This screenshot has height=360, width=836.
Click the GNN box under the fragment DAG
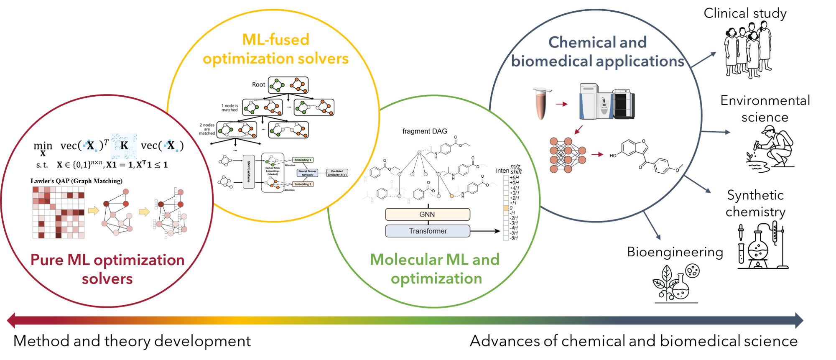tap(427, 214)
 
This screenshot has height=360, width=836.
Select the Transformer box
tap(427, 231)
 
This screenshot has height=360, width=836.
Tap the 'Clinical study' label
tap(745, 13)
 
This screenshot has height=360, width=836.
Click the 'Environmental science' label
tap(765, 109)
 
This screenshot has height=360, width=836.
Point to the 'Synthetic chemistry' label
tap(755, 203)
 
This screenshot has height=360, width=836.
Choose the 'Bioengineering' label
tap(675, 252)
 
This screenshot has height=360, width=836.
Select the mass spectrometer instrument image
tap(607, 102)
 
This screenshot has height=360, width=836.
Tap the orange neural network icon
tap(567, 155)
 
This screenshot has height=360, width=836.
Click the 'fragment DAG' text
tap(425, 131)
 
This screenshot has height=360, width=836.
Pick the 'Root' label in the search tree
tap(258, 84)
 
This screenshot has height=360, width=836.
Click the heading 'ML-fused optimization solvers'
tap(275, 49)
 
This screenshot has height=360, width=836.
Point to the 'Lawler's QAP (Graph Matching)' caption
tap(76, 181)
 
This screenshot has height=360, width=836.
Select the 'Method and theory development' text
tap(132, 341)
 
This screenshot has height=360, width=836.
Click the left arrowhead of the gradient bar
tap(12, 320)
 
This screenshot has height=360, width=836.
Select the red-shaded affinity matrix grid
tap(59, 212)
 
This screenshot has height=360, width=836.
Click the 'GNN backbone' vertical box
tap(249, 171)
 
